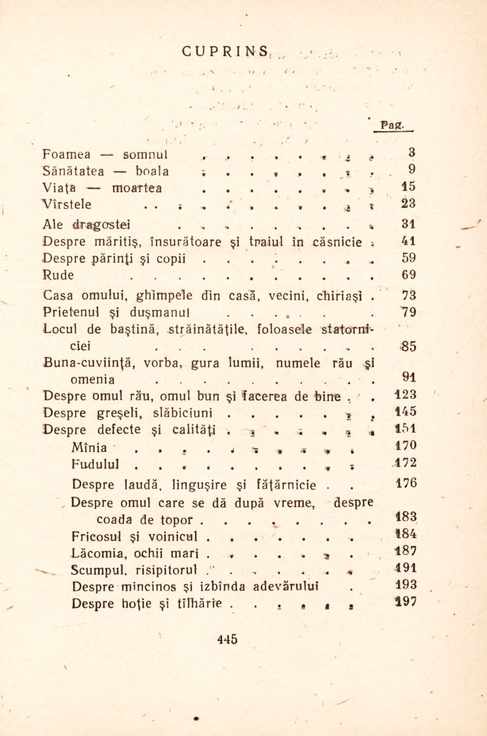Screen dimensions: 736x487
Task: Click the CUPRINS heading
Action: (225, 52)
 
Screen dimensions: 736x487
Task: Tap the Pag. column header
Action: (392, 125)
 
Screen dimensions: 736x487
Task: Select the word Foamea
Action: (66, 154)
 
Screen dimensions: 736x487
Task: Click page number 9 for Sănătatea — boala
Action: (412, 170)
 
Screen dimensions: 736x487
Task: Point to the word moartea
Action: (137, 188)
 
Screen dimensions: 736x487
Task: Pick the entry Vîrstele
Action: (67, 205)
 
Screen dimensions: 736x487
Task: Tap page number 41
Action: (408, 241)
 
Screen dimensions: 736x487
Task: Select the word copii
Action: (171, 258)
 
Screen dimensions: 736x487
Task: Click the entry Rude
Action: (58, 275)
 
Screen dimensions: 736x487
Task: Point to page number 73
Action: (409, 295)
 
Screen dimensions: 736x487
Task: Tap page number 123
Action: (406, 395)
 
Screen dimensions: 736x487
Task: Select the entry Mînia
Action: (89, 448)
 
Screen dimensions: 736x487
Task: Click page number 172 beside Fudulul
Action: (406, 463)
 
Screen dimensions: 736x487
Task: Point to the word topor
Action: (177, 520)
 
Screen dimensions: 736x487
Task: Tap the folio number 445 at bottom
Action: (227, 639)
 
